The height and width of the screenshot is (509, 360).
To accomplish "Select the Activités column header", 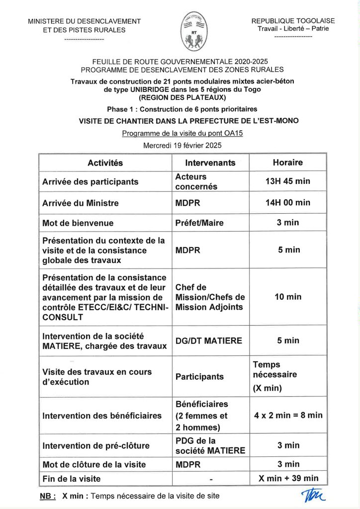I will pos(105,163).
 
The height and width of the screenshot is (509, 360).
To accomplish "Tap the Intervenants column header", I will pos(210,163).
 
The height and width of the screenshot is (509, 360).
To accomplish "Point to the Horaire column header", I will pos(287,163).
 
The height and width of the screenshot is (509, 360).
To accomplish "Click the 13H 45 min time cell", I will pos(287,181).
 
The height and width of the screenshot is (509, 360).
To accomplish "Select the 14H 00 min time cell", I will pos(287,203).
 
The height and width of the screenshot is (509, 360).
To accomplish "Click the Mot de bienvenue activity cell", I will pos(78,223).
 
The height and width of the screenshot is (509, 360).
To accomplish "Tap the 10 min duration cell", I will pos(288,297).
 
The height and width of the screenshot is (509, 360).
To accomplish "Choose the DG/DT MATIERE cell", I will pos(209,340).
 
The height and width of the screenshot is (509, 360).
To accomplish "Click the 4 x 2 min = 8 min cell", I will pos(288,415).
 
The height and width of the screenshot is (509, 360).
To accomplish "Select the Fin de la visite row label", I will pos(72,479).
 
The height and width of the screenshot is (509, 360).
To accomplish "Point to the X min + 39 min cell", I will pos(288,479).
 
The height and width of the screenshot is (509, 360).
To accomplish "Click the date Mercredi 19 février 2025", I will pos(182,146).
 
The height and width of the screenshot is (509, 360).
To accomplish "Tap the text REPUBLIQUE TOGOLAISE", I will pos(293,21).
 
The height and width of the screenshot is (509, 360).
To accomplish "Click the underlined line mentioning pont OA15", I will pos(182,133).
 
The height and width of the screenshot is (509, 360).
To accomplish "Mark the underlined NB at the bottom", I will pos(47,496).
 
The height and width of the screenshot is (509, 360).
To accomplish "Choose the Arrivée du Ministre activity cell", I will pos(81,203).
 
